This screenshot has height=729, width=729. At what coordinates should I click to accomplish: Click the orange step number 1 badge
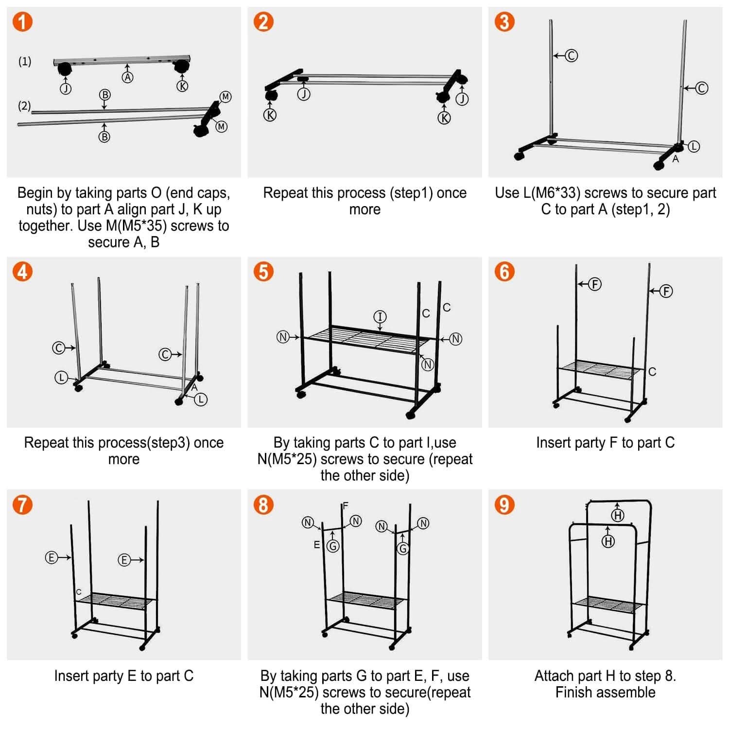[22, 22]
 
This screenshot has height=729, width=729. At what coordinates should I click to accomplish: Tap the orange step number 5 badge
[263, 272]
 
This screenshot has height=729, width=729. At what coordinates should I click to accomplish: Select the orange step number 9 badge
[504, 505]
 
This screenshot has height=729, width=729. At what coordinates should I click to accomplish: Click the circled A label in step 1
[127, 77]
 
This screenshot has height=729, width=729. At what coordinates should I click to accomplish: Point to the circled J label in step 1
[66, 88]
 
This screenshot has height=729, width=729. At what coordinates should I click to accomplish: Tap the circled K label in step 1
[182, 86]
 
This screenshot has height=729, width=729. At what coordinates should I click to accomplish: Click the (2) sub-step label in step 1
[24, 105]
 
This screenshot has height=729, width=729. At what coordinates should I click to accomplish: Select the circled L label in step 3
[694, 146]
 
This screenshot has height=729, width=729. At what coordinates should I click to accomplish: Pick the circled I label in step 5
[380, 317]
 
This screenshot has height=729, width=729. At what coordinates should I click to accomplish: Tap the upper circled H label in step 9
[618, 516]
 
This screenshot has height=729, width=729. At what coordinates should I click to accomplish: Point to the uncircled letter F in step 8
[346, 506]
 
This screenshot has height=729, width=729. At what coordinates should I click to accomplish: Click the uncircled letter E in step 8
[316, 545]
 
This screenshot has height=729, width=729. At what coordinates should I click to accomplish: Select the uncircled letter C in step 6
[652, 372]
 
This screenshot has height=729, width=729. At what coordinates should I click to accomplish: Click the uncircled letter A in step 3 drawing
[676, 159]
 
